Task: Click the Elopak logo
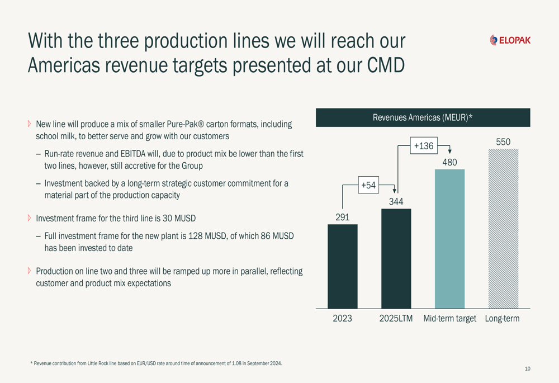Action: pos(510,40)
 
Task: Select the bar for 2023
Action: pos(342,266)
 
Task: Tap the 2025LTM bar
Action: pos(396,258)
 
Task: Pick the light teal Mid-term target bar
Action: pos(449,239)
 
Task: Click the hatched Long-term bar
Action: pos(503,229)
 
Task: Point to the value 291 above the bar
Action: pos(342,217)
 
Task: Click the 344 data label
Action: pos(396,201)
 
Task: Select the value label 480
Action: pos(449,162)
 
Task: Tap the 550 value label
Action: pos(503,142)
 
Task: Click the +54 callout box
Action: pos(368,185)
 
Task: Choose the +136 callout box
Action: pos(423,146)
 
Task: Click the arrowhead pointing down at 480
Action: pos(449,151)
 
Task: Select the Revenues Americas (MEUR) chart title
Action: pos(423,117)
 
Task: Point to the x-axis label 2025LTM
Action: pos(396,319)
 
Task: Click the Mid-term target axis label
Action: pos(449,319)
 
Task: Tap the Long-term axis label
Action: pos(502,319)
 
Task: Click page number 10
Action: pos(528,368)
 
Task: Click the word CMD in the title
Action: pos(385,65)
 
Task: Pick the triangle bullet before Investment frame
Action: pos(30,217)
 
